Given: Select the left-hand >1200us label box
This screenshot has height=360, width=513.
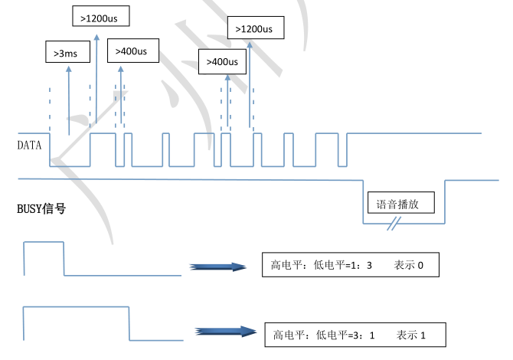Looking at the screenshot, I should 100,15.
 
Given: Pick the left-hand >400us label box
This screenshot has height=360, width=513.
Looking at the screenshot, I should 132,51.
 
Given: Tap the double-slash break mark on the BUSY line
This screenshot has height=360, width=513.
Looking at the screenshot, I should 394,224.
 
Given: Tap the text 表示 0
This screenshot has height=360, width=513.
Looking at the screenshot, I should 409,266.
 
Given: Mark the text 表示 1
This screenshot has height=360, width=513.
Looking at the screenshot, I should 411,335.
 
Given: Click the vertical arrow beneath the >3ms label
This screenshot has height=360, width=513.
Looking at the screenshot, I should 70,100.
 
